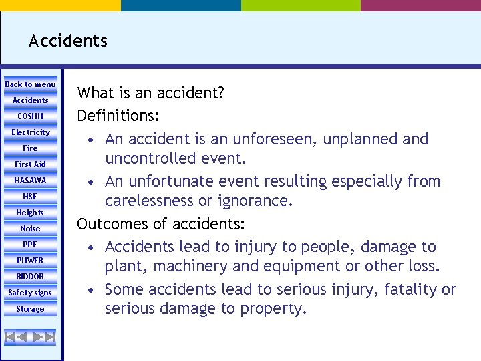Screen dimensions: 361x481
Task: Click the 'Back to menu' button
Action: click(x=31, y=84)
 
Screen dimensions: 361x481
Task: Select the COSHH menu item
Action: click(x=31, y=116)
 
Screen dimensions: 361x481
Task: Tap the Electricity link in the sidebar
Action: click(x=31, y=132)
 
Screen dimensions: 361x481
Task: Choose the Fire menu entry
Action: click(x=31, y=148)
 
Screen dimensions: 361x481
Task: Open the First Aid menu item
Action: click(x=31, y=164)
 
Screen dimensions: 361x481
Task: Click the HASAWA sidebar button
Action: click(x=31, y=180)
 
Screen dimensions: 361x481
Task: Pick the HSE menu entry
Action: click(x=31, y=197)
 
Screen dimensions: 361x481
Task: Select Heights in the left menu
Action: click(x=31, y=213)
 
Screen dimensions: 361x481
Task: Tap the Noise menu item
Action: click(x=31, y=229)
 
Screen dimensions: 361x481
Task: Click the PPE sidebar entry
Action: click(x=31, y=245)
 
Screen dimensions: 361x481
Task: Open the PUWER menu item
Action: click(x=31, y=261)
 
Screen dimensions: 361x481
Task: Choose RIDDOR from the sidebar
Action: click(x=31, y=277)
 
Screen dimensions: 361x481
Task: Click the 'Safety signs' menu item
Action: click(x=31, y=293)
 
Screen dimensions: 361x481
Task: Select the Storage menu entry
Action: click(x=31, y=309)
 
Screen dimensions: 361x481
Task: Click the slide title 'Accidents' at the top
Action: click(x=68, y=41)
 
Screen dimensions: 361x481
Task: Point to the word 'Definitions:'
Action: click(x=118, y=116)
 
